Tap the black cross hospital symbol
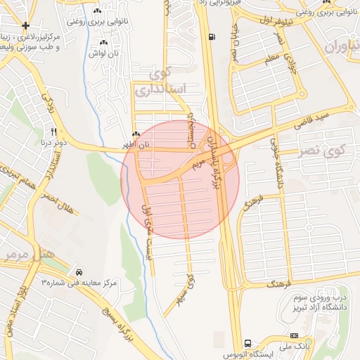26,26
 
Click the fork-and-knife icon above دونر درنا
53,131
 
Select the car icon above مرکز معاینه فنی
79,272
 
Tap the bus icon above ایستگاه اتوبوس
247,343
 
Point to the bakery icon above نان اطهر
136,134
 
